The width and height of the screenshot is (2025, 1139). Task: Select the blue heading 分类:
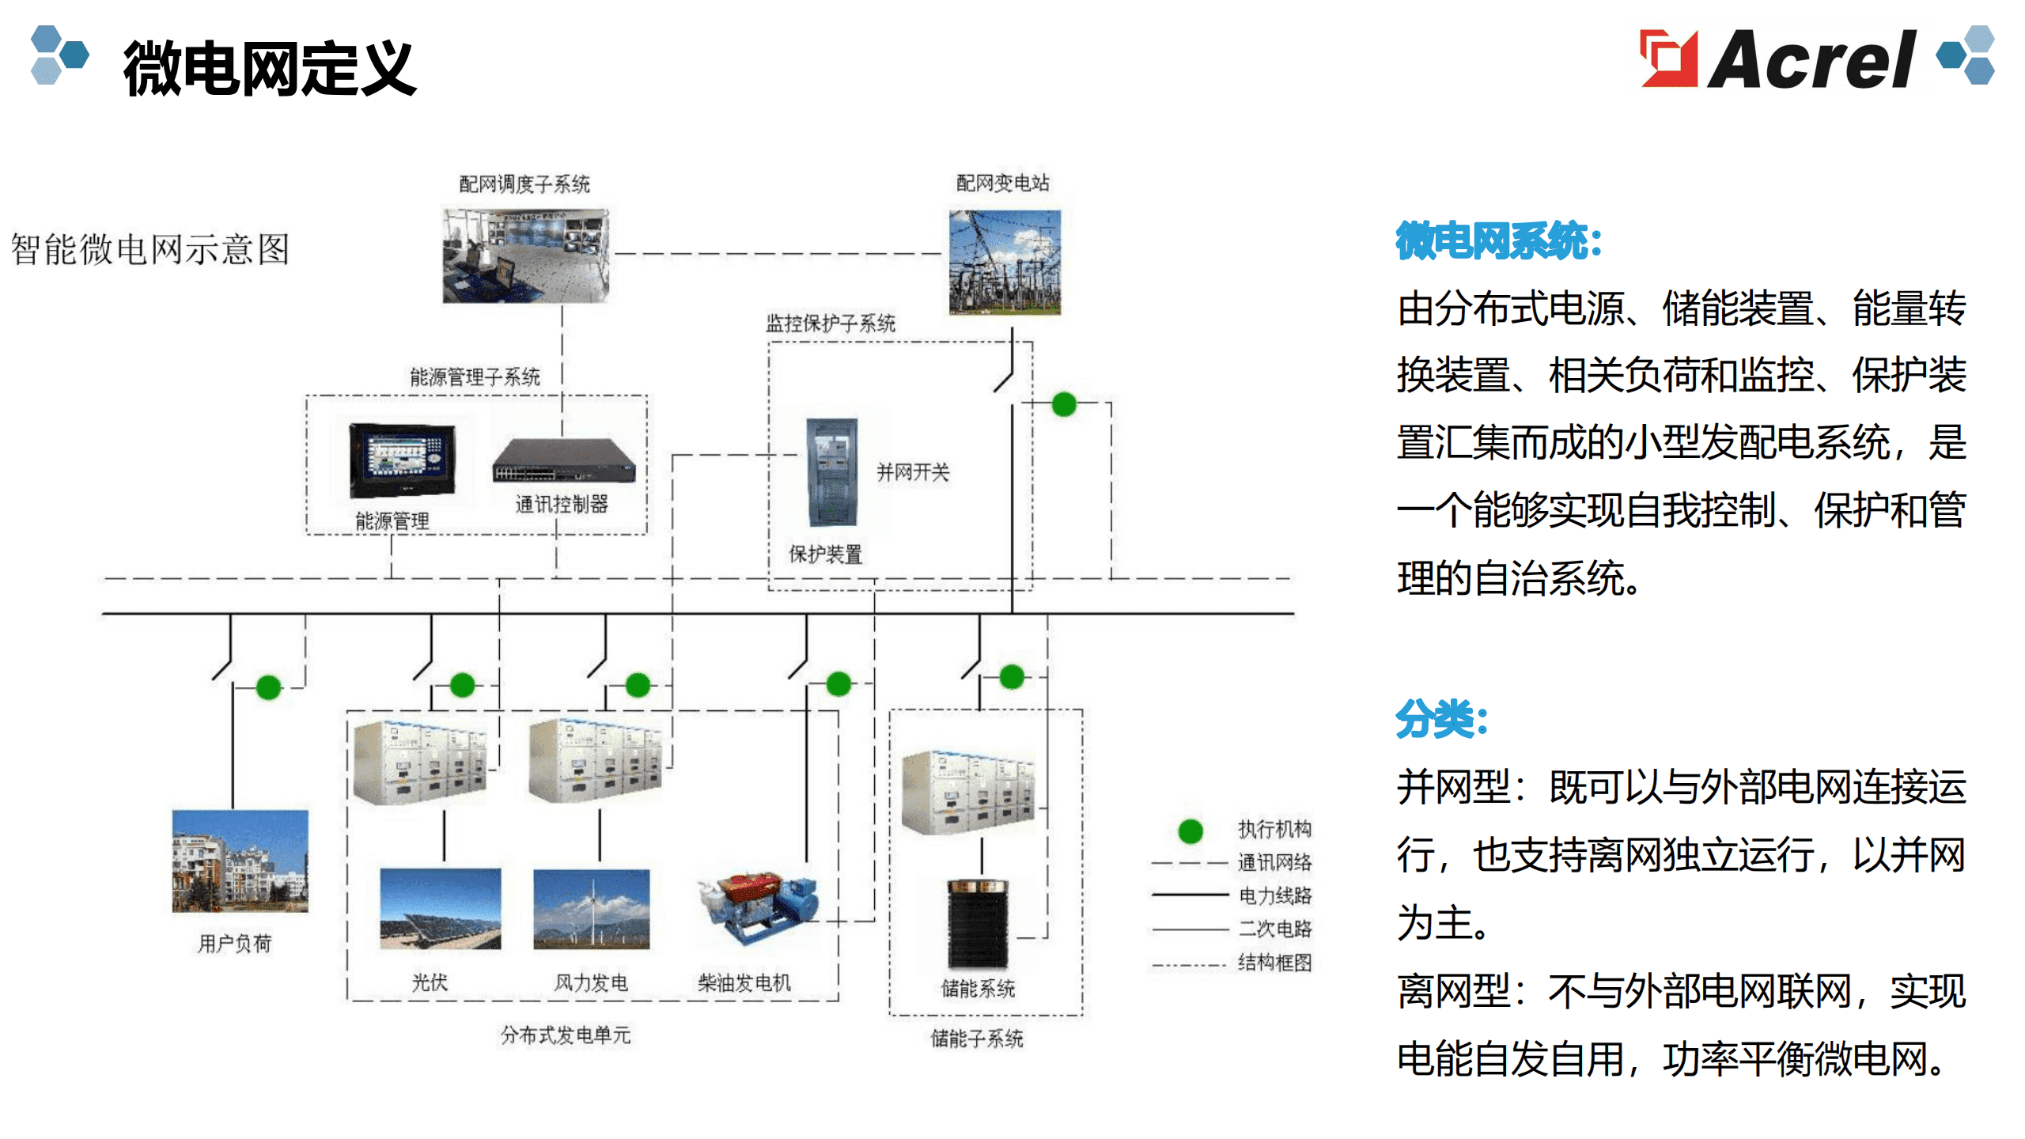point(1442,718)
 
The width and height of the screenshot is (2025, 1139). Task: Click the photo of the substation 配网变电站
point(1005,262)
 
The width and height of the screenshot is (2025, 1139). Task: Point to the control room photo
point(526,255)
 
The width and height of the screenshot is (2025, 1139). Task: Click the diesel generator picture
point(758,910)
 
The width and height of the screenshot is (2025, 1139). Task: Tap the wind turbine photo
point(592,909)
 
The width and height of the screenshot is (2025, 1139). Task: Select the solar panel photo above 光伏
point(441,909)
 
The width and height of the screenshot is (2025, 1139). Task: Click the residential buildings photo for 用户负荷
point(240,861)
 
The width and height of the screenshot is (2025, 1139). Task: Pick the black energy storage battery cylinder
point(978,924)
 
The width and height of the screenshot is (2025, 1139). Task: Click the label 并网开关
point(913,472)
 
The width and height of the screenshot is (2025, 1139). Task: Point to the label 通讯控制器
point(562,504)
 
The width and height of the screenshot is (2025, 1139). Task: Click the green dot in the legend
point(1190,831)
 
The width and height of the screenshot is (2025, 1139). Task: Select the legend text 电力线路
point(1275,895)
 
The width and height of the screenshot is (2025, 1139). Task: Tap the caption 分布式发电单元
point(566,1035)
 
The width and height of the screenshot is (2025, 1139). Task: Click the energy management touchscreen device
point(403,460)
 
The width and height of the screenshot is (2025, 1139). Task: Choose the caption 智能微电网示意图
point(150,249)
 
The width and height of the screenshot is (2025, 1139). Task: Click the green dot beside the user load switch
point(269,687)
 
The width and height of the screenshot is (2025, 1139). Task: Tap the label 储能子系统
point(977,1039)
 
